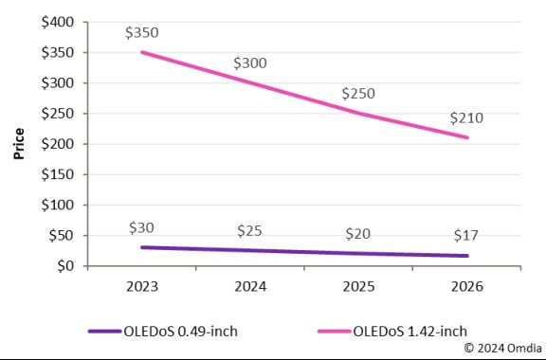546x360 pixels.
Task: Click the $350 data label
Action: click(x=141, y=32)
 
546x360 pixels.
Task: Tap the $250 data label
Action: click(x=357, y=95)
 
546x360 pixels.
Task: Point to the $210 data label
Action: click(x=465, y=120)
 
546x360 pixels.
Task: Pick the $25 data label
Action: click(x=249, y=231)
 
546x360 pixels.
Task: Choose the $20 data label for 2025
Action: click(x=357, y=234)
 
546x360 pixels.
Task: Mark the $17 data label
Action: click(x=465, y=236)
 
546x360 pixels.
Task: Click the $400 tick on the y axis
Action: click(x=59, y=22)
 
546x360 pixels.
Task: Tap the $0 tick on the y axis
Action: click(x=65, y=266)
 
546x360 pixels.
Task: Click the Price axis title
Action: click(x=19, y=145)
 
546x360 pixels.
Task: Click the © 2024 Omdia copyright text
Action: click(x=502, y=349)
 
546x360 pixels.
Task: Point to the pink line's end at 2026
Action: click(x=466, y=137)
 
